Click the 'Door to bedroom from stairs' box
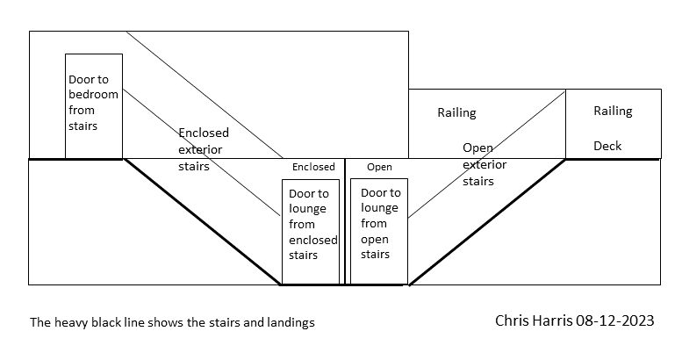click(x=93, y=105)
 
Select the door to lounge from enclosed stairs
click(x=310, y=232)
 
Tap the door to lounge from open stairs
click(x=379, y=232)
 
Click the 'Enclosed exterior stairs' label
click(x=203, y=149)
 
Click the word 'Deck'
click(x=607, y=146)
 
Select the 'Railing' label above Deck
click(x=613, y=112)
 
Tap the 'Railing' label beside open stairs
click(x=456, y=112)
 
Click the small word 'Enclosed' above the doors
click(x=313, y=167)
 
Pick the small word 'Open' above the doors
click(x=379, y=167)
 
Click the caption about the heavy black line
click(x=172, y=322)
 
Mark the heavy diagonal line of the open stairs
click(x=487, y=222)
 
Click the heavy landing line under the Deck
click(x=612, y=160)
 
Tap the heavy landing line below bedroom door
click(x=75, y=160)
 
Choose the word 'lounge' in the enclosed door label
click(x=307, y=209)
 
